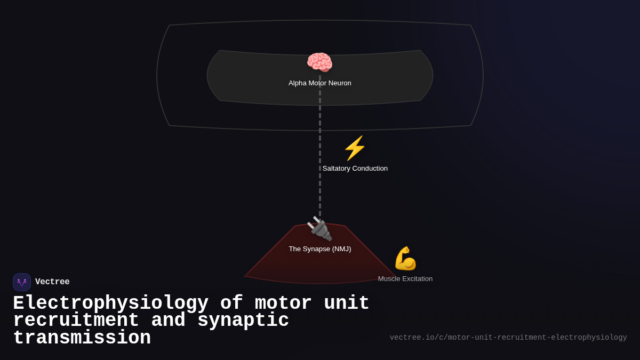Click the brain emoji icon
click(319, 62)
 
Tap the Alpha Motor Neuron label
click(319, 83)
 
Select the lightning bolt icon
click(355, 148)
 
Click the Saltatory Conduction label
click(355, 169)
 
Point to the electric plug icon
click(319, 229)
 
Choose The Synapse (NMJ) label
click(319, 249)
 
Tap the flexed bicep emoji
click(405, 259)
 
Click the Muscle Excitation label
click(405, 279)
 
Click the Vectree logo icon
click(22, 282)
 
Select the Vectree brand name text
click(52, 282)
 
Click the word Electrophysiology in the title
click(110, 303)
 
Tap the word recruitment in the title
click(76, 321)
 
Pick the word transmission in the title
click(82, 338)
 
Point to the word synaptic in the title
click(243, 321)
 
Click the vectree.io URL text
click(508, 338)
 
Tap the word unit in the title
click(347, 303)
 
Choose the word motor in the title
click(283, 303)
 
